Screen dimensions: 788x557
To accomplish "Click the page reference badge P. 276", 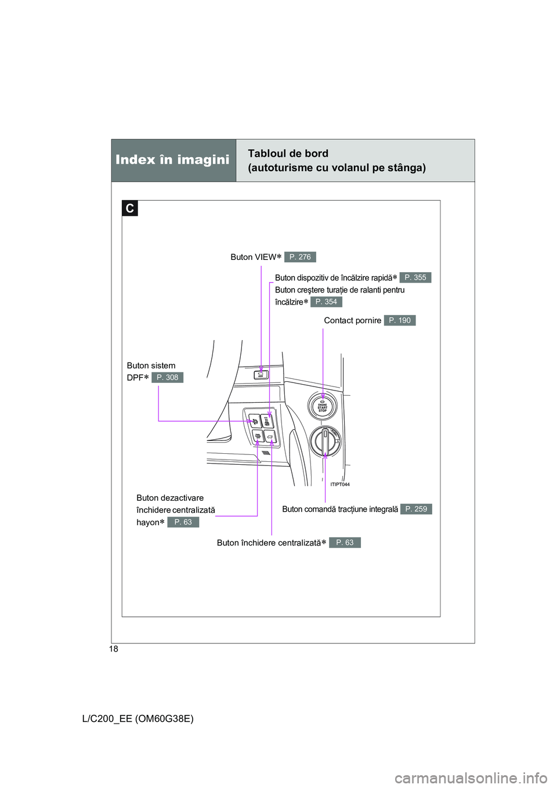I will (x=300, y=257).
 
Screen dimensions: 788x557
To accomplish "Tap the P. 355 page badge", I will (x=415, y=278).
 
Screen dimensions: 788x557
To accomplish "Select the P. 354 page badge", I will (x=326, y=302).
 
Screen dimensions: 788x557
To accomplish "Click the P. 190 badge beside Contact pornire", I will (x=400, y=320).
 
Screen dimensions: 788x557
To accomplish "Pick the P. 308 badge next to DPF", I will (x=167, y=378).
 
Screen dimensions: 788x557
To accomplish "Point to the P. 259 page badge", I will (x=416, y=509).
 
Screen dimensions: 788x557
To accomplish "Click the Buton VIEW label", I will (x=254, y=257).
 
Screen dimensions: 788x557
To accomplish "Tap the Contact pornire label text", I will (x=352, y=320).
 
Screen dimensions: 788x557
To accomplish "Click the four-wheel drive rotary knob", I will (x=325, y=442).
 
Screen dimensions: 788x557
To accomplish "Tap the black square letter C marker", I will (x=130, y=208).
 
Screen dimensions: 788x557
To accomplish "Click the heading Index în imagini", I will (x=172, y=160).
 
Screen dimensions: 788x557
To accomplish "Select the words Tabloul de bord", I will (x=288, y=154).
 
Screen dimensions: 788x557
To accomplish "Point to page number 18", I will (x=114, y=649).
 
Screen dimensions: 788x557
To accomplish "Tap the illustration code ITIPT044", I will (x=340, y=485).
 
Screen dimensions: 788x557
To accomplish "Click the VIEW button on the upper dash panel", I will (x=261, y=374).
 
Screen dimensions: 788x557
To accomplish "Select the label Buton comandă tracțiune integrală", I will (x=340, y=509).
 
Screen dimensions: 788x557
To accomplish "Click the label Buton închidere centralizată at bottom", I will (x=269, y=543).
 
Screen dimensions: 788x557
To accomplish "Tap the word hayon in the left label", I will (x=148, y=523).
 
